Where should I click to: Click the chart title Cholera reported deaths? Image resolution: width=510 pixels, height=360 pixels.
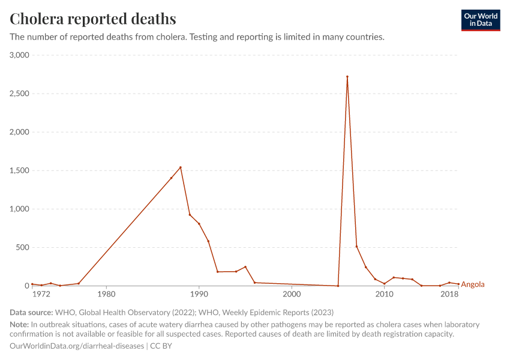93,19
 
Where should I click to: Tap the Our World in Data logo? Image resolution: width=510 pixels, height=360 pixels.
480,20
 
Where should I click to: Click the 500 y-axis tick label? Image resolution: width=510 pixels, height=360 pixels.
23,247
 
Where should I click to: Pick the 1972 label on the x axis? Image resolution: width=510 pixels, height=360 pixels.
41,295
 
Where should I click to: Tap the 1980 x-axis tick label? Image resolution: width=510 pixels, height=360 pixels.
106,295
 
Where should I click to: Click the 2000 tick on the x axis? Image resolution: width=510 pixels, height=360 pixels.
292,295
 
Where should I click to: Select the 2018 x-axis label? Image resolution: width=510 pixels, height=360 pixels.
449,295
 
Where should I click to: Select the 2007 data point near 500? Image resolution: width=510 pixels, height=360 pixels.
356,247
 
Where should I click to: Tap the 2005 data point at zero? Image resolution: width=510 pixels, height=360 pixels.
338,286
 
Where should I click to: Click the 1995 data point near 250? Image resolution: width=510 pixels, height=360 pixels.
245,267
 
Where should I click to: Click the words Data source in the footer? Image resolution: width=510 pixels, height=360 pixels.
31,313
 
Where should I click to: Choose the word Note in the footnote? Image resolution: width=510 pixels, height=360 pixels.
19,325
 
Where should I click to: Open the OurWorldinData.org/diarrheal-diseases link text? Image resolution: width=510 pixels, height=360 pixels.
77,346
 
